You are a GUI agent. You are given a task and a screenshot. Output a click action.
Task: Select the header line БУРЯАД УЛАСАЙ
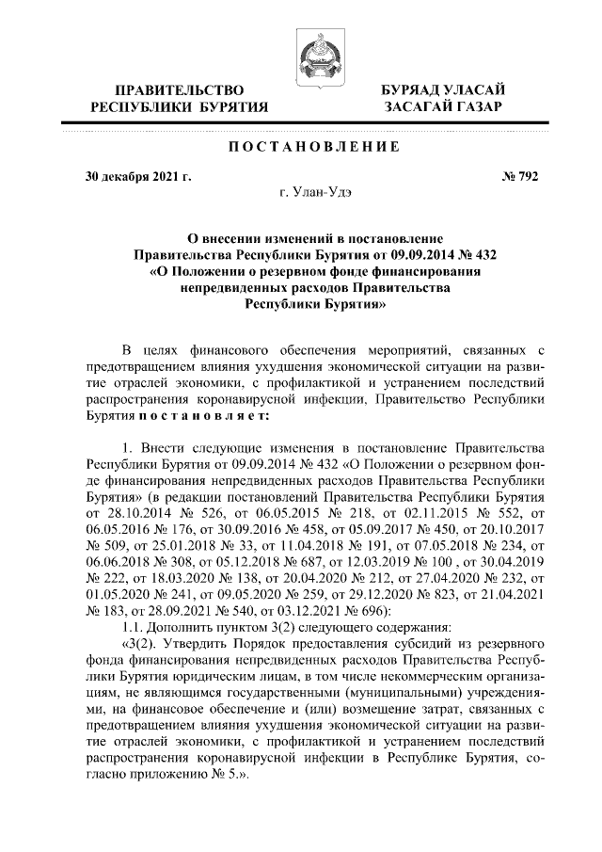pyautogui.click(x=443, y=88)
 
